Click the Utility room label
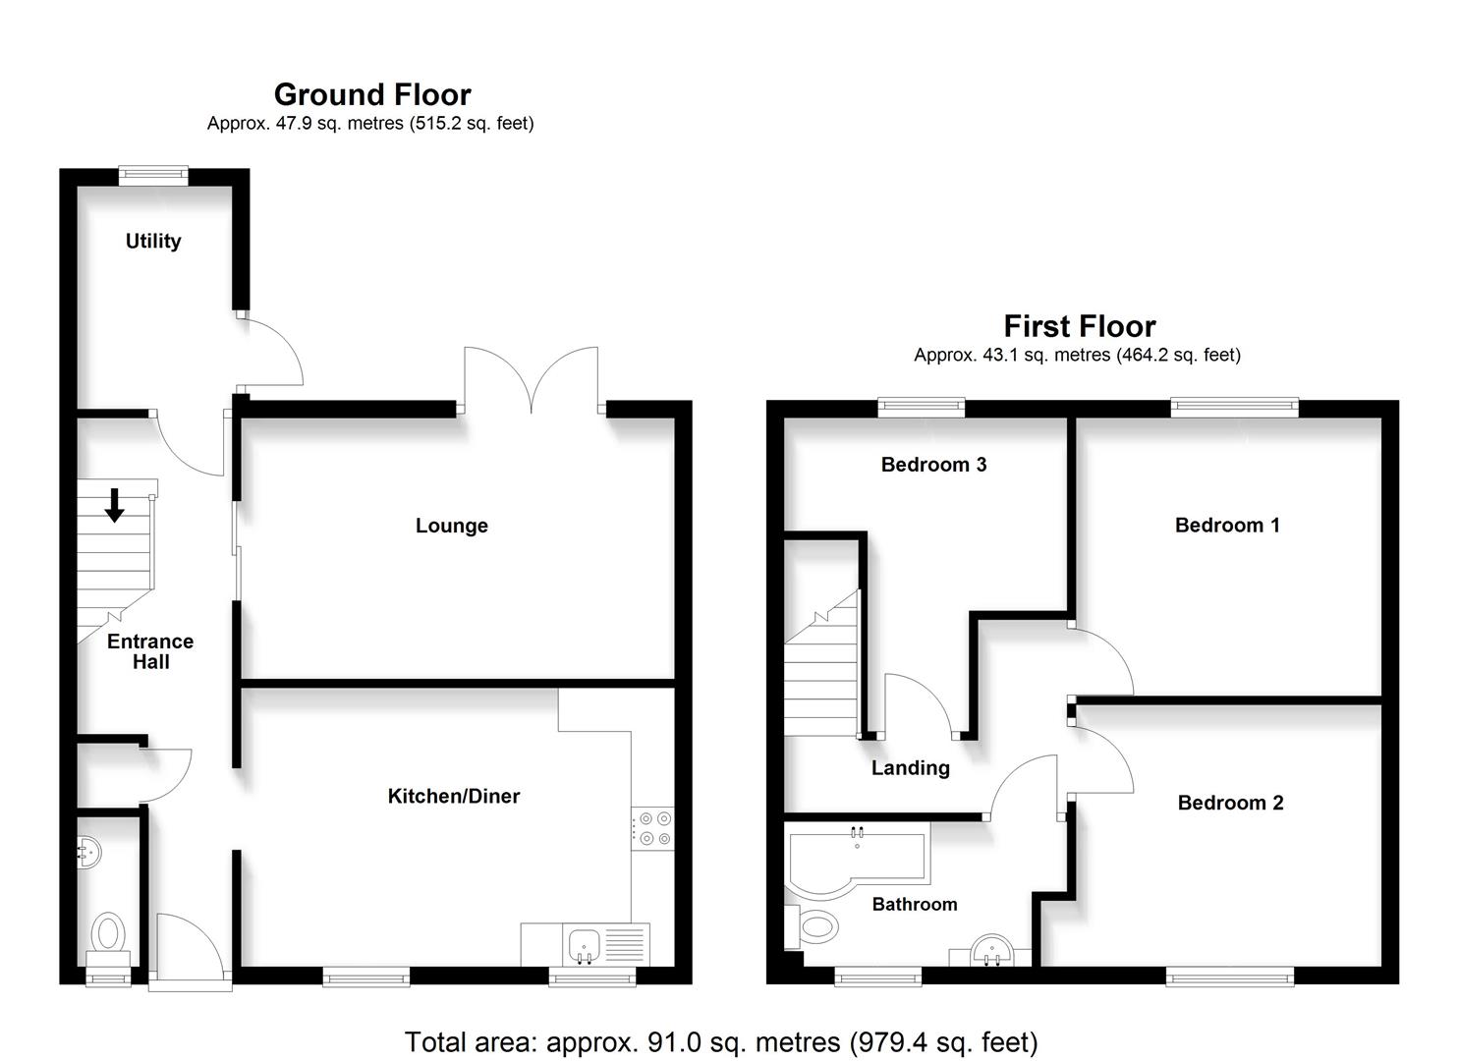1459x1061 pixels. point(153,241)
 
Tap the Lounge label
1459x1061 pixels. point(451,526)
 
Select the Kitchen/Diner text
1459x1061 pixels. point(453,796)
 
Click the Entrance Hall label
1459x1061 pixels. point(150,651)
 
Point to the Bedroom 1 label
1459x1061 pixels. point(1227,525)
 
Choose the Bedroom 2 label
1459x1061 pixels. point(1230,803)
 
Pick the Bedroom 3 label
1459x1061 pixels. point(933,465)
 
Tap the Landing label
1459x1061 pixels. point(910,768)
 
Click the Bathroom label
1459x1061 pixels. point(914,904)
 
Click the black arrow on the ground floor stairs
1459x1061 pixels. point(115,505)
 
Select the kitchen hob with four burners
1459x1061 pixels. point(653,827)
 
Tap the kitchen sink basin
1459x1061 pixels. point(585,946)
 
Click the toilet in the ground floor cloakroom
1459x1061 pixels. point(108,933)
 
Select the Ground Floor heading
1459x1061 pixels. point(372,94)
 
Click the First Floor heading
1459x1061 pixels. point(1079,326)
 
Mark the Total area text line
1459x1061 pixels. point(721,1041)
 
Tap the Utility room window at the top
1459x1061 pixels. point(153,176)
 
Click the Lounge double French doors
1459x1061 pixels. point(531,378)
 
